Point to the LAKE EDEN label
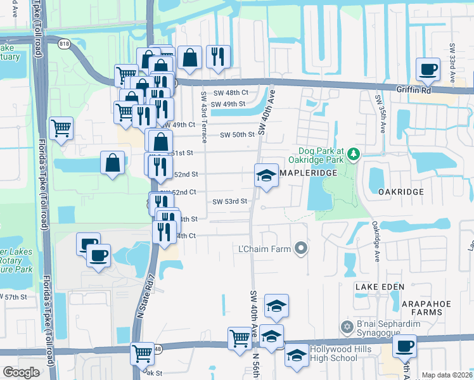(x=375, y=287)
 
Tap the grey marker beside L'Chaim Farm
(x=302, y=249)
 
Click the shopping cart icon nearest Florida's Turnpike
(x=61, y=128)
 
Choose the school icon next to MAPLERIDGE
(x=266, y=175)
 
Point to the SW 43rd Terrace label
(x=204, y=108)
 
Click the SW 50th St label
(x=237, y=135)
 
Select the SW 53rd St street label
(x=229, y=201)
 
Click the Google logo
(x=21, y=372)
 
